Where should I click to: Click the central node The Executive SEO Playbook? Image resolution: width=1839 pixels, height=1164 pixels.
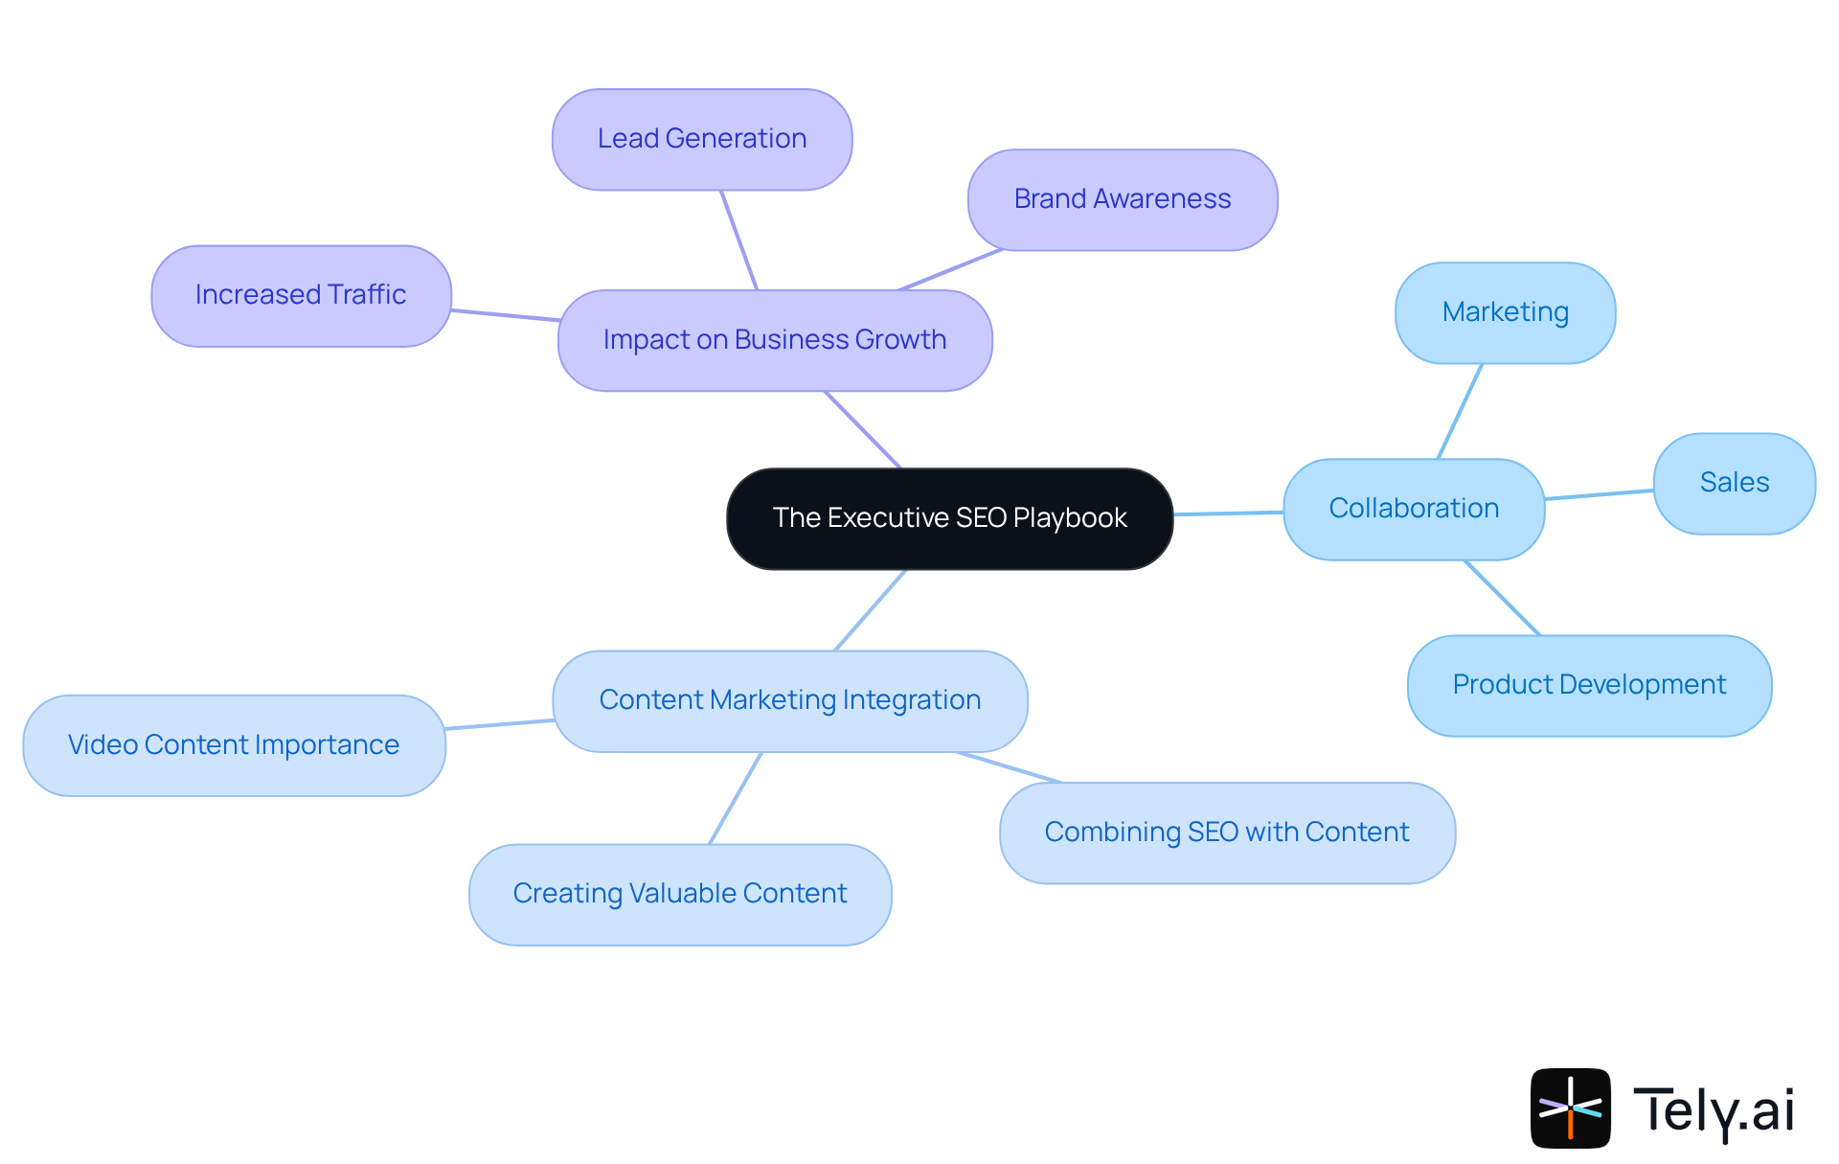tap(949, 518)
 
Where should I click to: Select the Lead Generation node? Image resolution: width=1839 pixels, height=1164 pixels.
tap(702, 140)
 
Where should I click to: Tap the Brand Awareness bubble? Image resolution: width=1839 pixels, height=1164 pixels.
tap(1122, 199)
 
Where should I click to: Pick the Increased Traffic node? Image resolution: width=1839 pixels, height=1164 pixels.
tap(301, 295)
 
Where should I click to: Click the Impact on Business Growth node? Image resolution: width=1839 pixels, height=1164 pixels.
tap(774, 340)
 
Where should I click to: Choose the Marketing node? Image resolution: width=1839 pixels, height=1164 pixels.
tap(1505, 312)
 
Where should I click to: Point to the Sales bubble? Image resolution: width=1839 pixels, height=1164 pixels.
tap(1734, 483)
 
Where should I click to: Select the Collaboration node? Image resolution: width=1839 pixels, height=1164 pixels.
tap(1414, 509)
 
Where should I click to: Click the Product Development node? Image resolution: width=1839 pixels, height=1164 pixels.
tap(1589, 685)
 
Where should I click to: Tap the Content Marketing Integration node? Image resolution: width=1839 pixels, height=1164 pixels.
tap(789, 700)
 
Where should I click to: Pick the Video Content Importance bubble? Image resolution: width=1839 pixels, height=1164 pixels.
tap(234, 745)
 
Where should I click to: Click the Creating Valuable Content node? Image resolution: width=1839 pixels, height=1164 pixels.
tap(680, 894)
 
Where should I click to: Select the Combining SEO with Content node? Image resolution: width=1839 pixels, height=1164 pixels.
tap(1226, 833)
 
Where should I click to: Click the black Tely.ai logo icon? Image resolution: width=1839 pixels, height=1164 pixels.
tap(1570, 1107)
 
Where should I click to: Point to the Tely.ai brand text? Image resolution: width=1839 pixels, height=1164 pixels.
tap(1713, 1110)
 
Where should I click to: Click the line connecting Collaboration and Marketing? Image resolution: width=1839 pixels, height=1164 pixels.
tap(1460, 411)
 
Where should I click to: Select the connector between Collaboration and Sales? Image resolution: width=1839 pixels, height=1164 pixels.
tap(1599, 494)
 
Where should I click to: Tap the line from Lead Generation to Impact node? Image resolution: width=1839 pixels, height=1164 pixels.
tap(738, 240)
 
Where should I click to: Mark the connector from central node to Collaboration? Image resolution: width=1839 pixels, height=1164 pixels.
tap(1228, 514)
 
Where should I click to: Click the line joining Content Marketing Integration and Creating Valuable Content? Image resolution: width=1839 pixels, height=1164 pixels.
tap(736, 798)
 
